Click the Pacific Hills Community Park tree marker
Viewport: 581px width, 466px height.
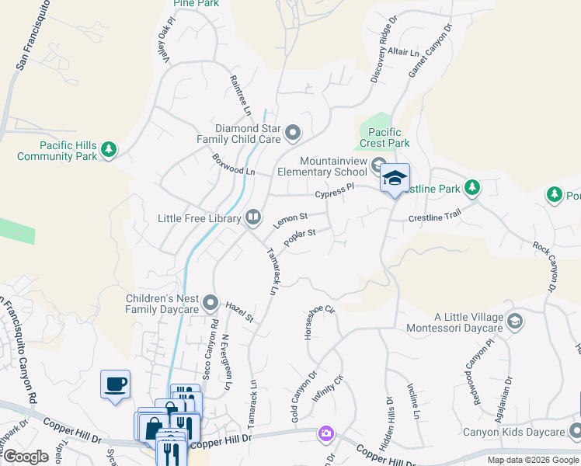tap(110, 149)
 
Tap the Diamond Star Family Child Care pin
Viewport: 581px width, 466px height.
tap(293, 133)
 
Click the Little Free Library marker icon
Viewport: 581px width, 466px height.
tap(252, 218)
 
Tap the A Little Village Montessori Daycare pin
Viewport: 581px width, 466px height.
tap(513, 320)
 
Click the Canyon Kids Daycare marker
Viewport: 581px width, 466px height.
tap(574, 431)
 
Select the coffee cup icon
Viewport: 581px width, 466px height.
tap(115, 384)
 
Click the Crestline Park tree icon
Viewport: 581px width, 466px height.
tap(471, 187)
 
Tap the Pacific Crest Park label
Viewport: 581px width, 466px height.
tap(388, 137)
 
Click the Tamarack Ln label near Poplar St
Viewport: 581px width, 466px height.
tap(273, 271)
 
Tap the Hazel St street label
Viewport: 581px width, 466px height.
tap(239, 311)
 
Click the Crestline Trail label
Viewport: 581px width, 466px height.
tap(436, 218)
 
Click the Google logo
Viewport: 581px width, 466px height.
tap(26, 457)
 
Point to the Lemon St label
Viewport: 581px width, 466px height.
tap(291, 221)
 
